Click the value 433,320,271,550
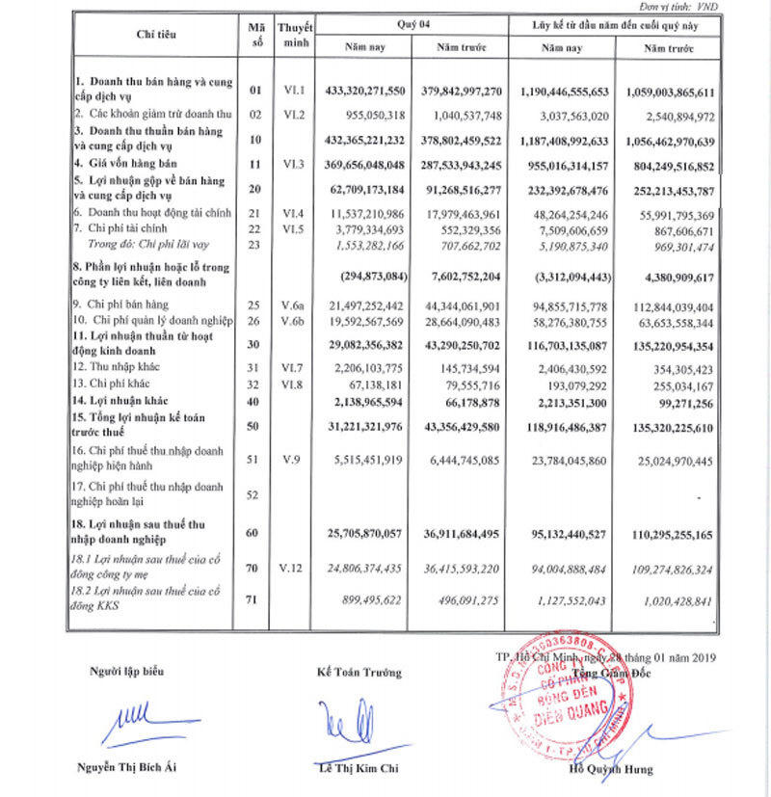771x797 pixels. pyautogui.click(x=374, y=90)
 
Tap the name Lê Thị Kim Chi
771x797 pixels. pyautogui.click(x=358, y=767)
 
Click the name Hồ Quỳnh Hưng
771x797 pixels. pyautogui.click(x=611, y=769)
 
